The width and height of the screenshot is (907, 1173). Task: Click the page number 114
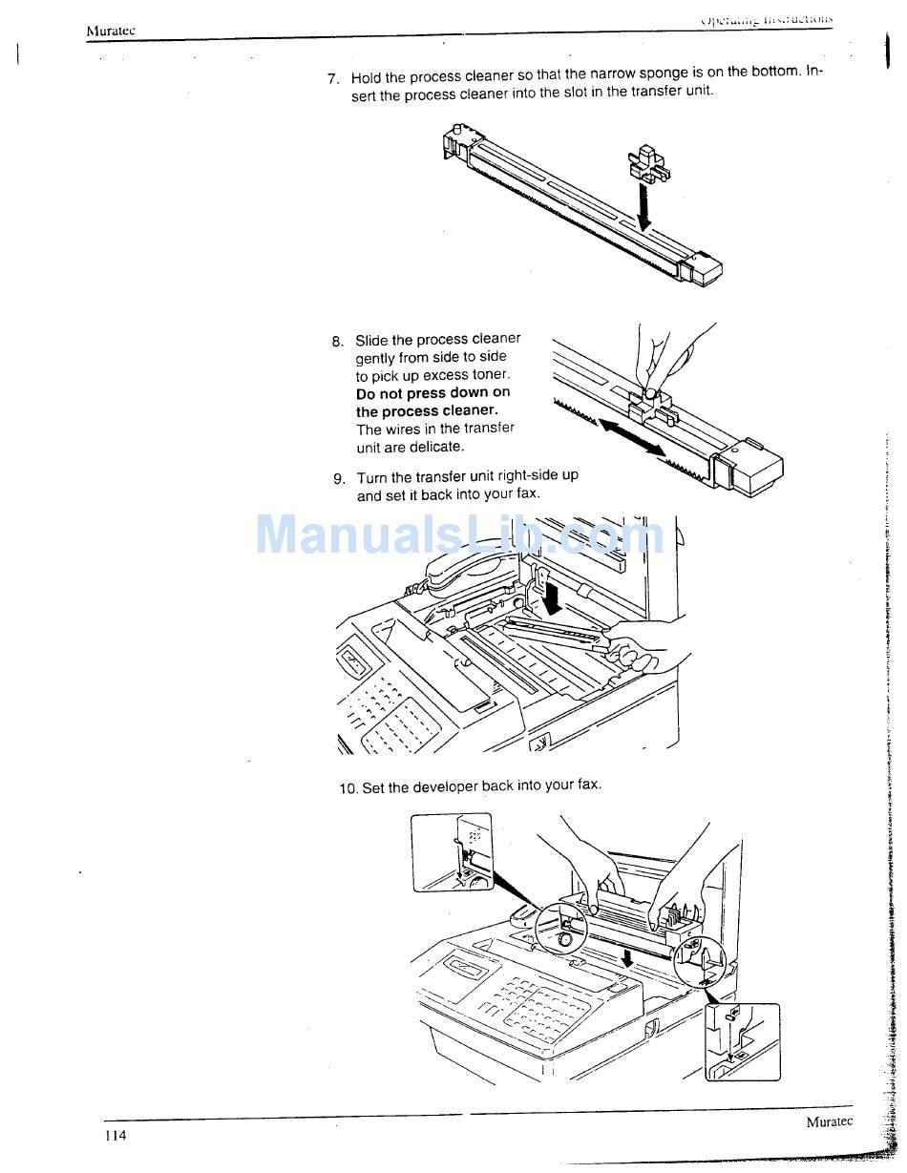pyautogui.click(x=116, y=1135)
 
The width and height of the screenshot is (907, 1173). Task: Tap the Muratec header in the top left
pyautogui.click(x=111, y=31)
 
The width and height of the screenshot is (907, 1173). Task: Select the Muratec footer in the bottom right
pyautogui.click(x=829, y=1121)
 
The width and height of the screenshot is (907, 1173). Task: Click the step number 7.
pyautogui.click(x=333, y=79)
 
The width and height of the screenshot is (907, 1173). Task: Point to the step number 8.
pyautogui.click(x=338, y=342)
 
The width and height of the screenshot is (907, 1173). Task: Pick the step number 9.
pyautogui.click(x=339, y=479)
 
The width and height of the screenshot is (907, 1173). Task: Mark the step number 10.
pyautogui.click(x=348, y=788)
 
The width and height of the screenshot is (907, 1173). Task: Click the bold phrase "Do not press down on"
pyautogui.click(x=432, y=393)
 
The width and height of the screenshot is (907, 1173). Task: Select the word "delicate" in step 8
pyautogui.click(x=435, y=447)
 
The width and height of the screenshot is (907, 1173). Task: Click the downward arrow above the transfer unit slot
pyautogui.click(x=644, y=206)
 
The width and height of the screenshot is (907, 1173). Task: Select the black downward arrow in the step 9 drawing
pyautogui.click(x=551, y=597)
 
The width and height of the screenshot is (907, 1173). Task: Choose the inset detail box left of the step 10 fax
pyautogui.click(x=453, y=852)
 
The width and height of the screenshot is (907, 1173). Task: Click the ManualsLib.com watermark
pyautogui.click(x=459, y=534)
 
